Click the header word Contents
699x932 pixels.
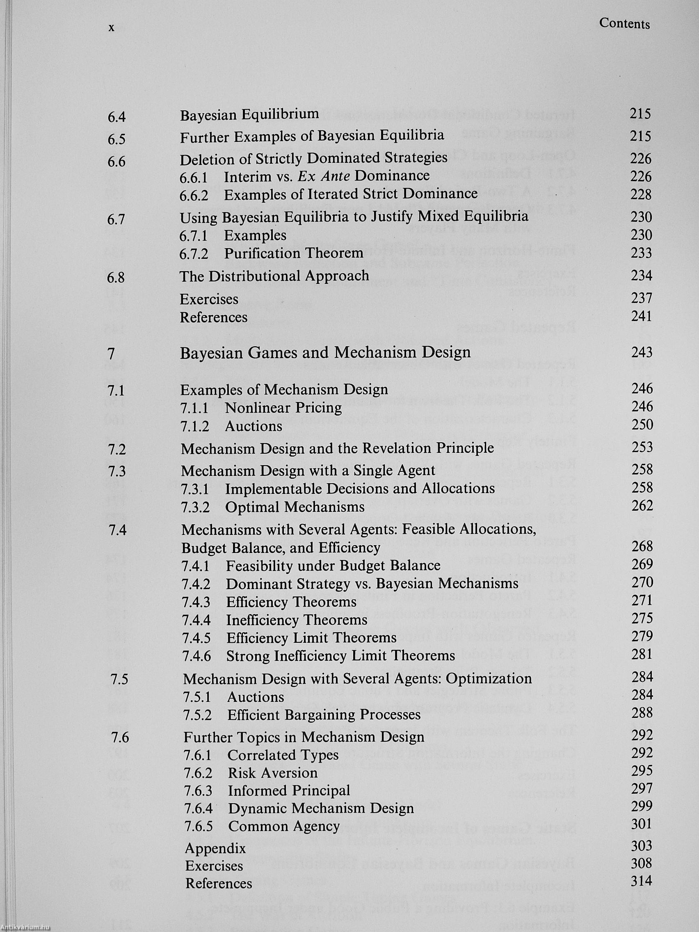[x=624, y=24]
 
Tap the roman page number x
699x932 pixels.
[x=111, y=28]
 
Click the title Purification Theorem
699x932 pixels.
[x=294, y=253]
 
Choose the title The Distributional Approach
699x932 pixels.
[x=274, y=276]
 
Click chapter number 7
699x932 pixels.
[x=111, y=354]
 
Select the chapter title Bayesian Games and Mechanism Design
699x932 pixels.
[x=325, y=352]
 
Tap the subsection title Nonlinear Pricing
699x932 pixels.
[x=283, y=407]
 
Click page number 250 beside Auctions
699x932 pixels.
[x=642, y=424]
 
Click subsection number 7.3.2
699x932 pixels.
[x=196, y=507]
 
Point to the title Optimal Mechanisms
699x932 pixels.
[x=295, y=507]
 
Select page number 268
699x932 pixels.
[x=642, y=546]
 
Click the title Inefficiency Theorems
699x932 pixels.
[x=297, y=620]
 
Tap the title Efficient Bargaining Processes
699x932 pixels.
[x=324, y=715]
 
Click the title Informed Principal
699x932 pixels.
[x=289, y=790]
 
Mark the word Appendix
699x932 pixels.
[x=215, y=848]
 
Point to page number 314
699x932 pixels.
[x=642, y=881]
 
